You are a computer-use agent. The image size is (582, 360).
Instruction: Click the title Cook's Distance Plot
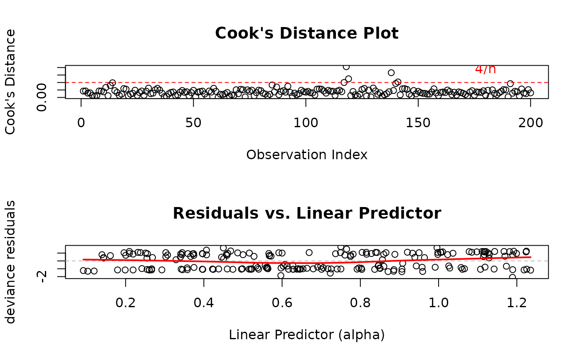pos(306,34)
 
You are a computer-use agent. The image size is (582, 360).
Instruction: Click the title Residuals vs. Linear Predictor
pos(306,214)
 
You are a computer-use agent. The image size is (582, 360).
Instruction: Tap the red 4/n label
pos(485,69)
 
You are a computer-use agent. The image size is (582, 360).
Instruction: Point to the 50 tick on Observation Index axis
pos(193,123)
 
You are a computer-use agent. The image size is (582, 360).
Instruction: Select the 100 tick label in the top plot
pos(306,123)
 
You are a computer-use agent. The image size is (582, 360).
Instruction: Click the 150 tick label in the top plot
pos(418,123)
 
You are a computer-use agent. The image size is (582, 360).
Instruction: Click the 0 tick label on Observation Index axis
pos(81,123)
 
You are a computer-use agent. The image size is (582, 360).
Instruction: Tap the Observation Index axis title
pos(306,155)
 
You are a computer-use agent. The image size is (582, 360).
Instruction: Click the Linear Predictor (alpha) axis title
pos(306,335)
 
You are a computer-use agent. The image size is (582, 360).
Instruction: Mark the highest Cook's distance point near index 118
pos(346,67)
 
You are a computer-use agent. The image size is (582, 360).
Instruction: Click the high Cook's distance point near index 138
pos(391,73)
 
